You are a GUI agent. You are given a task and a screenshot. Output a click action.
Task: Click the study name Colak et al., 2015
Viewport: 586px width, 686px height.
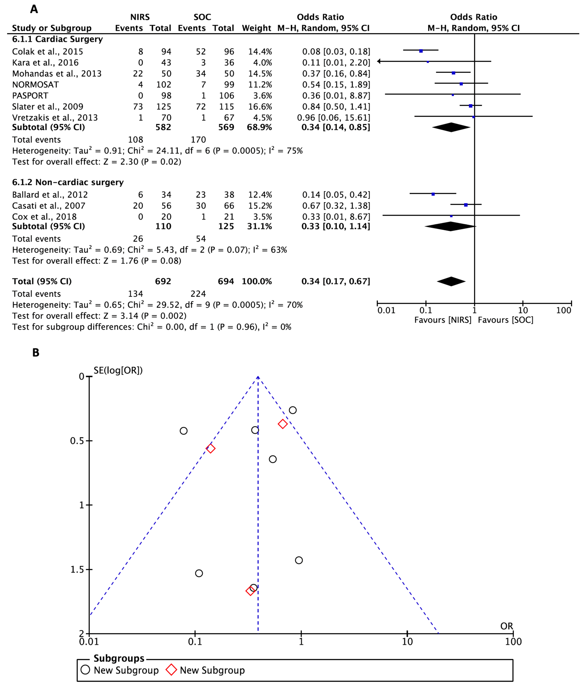click(47, 52)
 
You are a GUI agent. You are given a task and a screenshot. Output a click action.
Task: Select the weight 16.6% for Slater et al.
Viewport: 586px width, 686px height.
click(260, 107)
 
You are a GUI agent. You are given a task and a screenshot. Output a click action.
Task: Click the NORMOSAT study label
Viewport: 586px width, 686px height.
click(35, 85)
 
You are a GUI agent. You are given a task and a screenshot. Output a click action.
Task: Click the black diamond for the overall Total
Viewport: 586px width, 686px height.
click(451, 281)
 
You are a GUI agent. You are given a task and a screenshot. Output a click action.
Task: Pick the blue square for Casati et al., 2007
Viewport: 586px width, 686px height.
click(466, 205)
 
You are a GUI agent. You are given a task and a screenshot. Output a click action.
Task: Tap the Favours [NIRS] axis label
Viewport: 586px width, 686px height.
click(443, 320)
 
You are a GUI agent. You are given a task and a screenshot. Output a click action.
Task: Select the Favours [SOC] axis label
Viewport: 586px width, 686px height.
click(506, 320)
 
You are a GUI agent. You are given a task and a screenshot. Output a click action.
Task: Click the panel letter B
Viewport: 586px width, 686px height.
click(36, 353)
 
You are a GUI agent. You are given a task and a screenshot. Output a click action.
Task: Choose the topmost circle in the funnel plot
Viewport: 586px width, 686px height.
click(293, 410)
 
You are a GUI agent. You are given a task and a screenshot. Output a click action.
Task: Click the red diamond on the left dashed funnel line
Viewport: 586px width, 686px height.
click(210, 449)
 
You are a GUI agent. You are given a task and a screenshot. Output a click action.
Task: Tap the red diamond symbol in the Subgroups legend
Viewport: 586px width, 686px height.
click(171, 670)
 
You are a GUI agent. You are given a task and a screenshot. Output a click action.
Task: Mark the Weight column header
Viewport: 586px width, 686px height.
click(256, 28)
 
